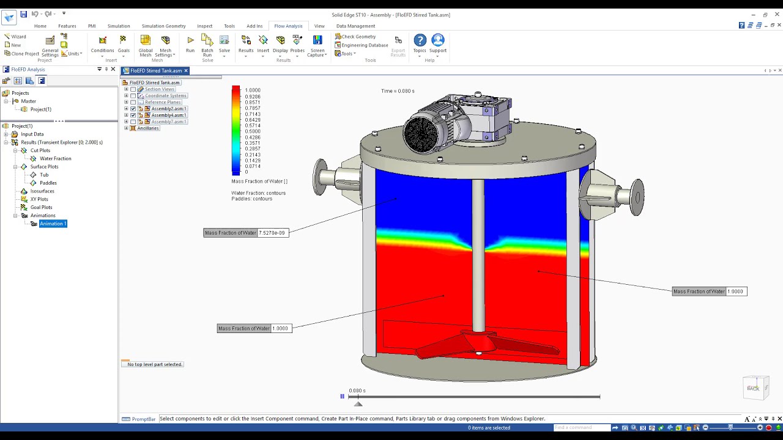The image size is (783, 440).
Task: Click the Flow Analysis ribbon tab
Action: click(288, 26)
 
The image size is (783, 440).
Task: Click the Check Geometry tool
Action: click(358, 37)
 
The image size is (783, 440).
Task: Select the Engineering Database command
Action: click(364, 45)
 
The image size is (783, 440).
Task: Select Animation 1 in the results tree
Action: click(53, 224)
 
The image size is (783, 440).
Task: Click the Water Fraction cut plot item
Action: click(55, 158)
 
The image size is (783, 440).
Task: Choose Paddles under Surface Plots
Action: click(48, 183)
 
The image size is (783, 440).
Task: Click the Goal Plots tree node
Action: click(41, 207)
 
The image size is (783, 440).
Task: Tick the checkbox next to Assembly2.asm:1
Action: click(133, 109)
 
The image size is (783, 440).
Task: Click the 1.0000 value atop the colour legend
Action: click(253, 90)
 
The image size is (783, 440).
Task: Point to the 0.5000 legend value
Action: click(253, 131)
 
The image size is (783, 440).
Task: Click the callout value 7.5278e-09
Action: click(272, 233)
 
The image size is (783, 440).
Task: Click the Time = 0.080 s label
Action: click(398, 91)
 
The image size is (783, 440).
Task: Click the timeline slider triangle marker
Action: click(358, 403)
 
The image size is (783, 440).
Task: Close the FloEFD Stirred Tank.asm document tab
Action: click(186, 71)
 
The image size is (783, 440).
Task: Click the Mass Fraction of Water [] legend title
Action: click(259, 182)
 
